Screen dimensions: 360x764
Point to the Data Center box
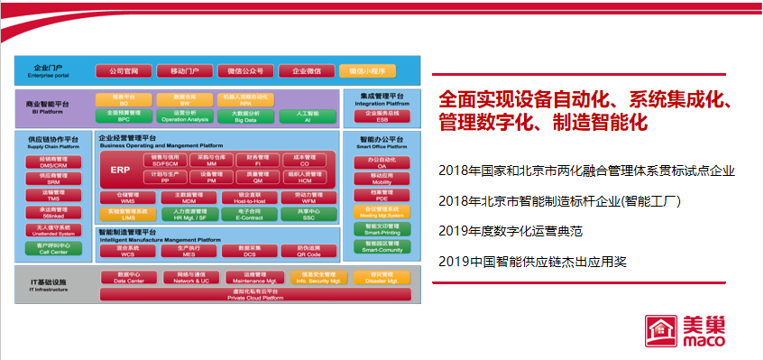click(x=126, y=278)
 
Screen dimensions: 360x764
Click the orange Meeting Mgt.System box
click(x=382, y=210)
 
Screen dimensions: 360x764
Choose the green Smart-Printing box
click(x=382, y=227)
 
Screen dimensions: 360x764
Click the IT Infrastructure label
click(x=46, y=285)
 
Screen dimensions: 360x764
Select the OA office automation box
click(x=382, y=162)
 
